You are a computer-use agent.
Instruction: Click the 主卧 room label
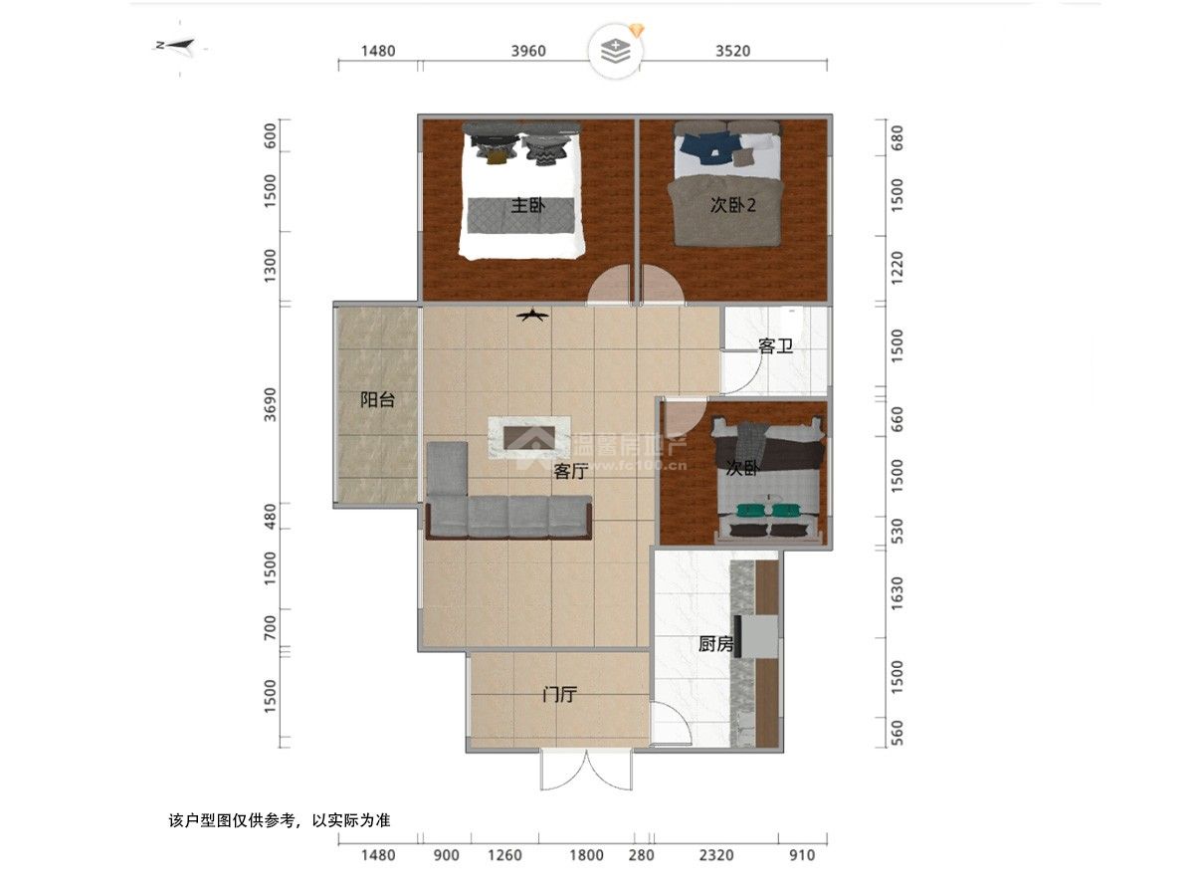coord(528,206)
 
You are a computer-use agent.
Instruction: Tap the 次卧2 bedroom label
coord(732,205)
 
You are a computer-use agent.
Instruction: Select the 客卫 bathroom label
coord(775,345)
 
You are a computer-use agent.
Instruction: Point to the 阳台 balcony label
coord(377,400)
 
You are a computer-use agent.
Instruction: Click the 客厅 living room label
coord(571,471)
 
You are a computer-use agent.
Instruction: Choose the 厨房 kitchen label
coord(715,644)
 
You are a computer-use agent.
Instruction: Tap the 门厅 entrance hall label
coord(560,694)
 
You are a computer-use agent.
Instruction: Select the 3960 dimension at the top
coord(528,51)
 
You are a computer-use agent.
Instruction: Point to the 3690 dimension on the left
coord(271,404)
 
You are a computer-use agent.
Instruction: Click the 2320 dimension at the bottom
coord(715,855)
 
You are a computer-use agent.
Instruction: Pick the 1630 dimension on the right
coord(897,593)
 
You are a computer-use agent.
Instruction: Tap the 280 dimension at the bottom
coord(642,855)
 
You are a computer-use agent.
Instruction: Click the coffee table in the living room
coord(529,437)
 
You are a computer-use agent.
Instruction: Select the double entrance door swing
coord(586,771)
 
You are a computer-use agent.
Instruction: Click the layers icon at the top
coord(615,51)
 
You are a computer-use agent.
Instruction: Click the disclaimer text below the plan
coord(280,819)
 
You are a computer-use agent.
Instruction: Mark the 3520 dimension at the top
coord(732,51)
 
